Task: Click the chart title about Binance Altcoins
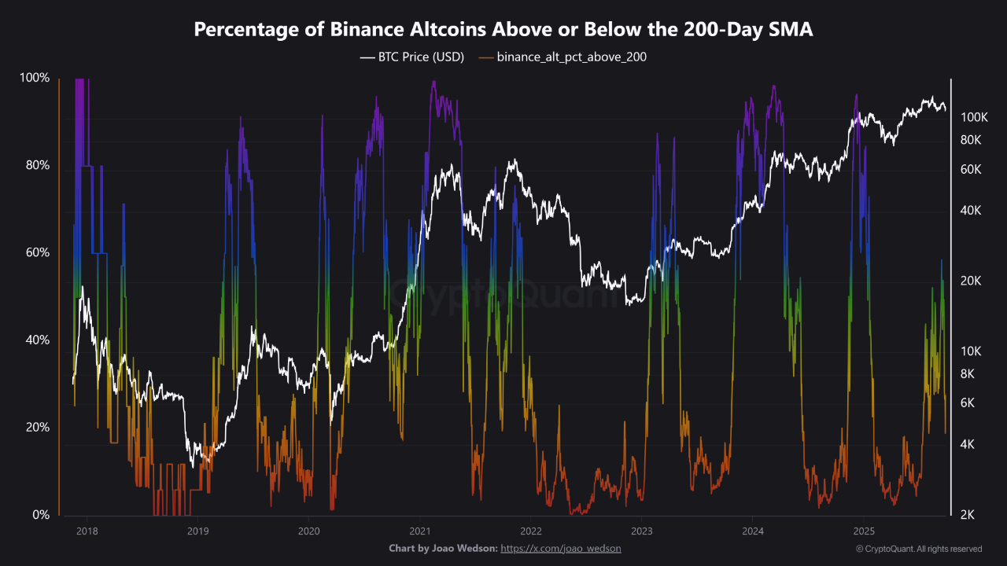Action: point(503,29)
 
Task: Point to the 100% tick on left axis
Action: point(35,78)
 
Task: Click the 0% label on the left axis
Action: point(40,515)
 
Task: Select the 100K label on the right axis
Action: point(974,117)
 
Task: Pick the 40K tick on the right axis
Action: point(971,211)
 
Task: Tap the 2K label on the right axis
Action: point(968,515)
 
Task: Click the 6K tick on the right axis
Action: point(968,402)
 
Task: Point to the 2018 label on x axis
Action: point(87,531)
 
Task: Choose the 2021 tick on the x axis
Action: point(419,531)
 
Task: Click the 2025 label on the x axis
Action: point(864,531)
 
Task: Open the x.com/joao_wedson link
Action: point(561,548)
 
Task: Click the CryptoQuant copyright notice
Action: point(919,549)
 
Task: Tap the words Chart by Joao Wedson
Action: point(443,548)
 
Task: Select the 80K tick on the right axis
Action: point(971,140)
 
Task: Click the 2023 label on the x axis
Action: point(641,531)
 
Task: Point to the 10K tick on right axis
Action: point(971,351)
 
